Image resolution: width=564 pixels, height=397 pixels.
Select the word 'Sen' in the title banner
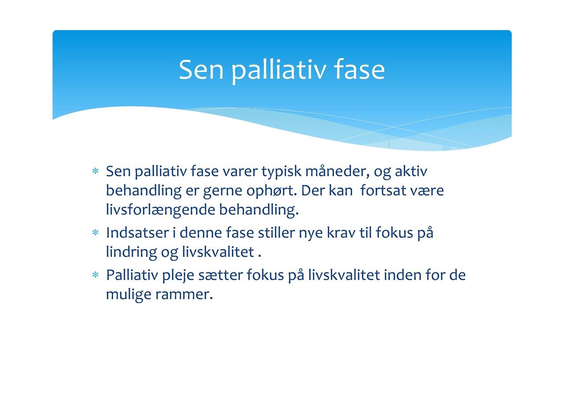(201, 70)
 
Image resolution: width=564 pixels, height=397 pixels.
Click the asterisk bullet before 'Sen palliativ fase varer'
(96, 171)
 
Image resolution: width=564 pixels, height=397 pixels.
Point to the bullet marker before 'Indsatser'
(96, 232)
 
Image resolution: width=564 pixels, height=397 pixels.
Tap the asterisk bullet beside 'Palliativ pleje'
(96, 275)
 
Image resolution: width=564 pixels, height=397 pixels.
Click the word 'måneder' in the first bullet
(338, 171)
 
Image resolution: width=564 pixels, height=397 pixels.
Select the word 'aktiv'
(411, 171)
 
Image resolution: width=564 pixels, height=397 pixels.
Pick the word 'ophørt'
(272, 191)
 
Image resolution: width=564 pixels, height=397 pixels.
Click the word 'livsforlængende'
(160, 210)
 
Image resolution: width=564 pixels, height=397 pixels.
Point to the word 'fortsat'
(383, 190)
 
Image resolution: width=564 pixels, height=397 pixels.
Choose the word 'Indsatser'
(137, 232)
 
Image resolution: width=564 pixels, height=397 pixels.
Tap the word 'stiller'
(276, 232)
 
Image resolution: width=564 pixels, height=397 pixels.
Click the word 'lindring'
(131, 252)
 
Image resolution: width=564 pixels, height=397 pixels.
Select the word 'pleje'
(178, 275)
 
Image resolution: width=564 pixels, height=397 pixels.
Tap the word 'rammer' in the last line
(184, 294)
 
